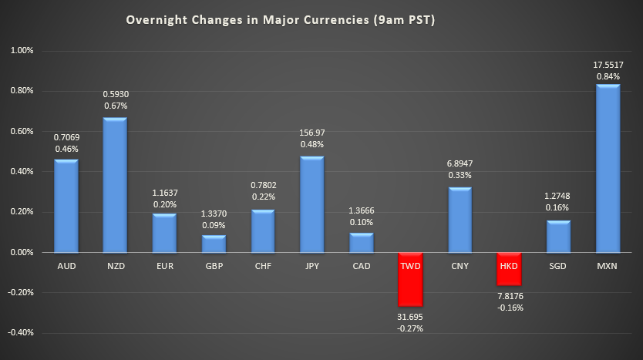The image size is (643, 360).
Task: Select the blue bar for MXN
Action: [608, 169]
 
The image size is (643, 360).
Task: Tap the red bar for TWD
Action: [410, 279]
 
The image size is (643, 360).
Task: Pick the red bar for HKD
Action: [509, 268]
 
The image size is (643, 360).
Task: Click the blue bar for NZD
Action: [115, 185]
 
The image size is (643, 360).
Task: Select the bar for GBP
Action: [214, 244]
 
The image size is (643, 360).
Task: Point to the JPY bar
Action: [312, 204]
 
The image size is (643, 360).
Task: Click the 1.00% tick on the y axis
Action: [22, 51]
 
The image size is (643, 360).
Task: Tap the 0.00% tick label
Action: [22, 253]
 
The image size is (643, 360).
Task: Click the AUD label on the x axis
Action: [66, 265]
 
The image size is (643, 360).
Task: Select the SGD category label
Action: [558, 265]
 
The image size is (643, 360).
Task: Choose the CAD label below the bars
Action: [361, 265]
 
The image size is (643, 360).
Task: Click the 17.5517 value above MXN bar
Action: [608, 65]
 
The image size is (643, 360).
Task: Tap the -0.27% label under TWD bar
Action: [410, 328]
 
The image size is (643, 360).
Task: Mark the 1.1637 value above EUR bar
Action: [164, 193]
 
